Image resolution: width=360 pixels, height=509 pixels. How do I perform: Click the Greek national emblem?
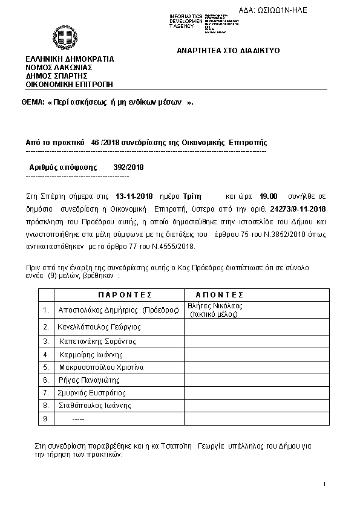pyautogui.click(x=62, y=39)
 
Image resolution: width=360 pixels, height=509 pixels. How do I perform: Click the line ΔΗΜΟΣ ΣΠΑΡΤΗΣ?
pyautogui.click(x=56, y=76)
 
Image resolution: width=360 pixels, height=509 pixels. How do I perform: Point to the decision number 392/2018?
pyautogui.click(x=128, y=167)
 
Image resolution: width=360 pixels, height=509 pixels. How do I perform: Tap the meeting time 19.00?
pyautogui.click(x=268, y=196)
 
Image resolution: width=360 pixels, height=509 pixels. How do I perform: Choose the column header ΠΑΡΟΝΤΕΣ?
pyautogui.click(x=124, y=294)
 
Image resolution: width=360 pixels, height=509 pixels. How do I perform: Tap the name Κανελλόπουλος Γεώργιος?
pyautogui.click(x=100, y=326)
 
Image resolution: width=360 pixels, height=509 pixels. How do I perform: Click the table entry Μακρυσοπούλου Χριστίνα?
pyautogui.click(x=101, y=366)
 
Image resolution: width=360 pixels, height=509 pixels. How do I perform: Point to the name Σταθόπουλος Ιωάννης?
pyautogui.click(x=95, y=406)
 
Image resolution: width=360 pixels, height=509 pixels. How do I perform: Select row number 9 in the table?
pyautogui.click(x=46, y=419)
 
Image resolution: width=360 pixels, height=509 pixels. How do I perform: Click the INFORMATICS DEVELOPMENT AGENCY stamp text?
pyautogui.click(x=187, y=21)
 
